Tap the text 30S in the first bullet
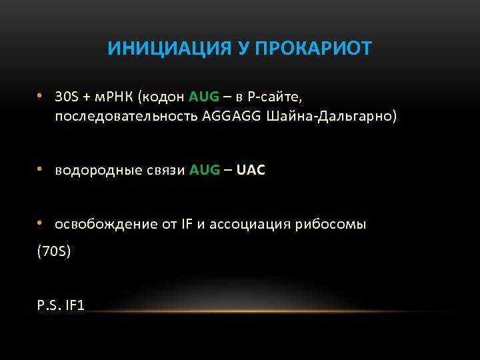(66, 97)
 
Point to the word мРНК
(111, 97)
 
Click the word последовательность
(127, 117)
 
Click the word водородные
(95, 170)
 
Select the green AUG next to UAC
(205, 170)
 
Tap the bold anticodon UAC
(251, 170)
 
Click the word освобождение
(106, 224)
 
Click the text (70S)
(54, 252)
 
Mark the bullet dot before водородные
(41, 169)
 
